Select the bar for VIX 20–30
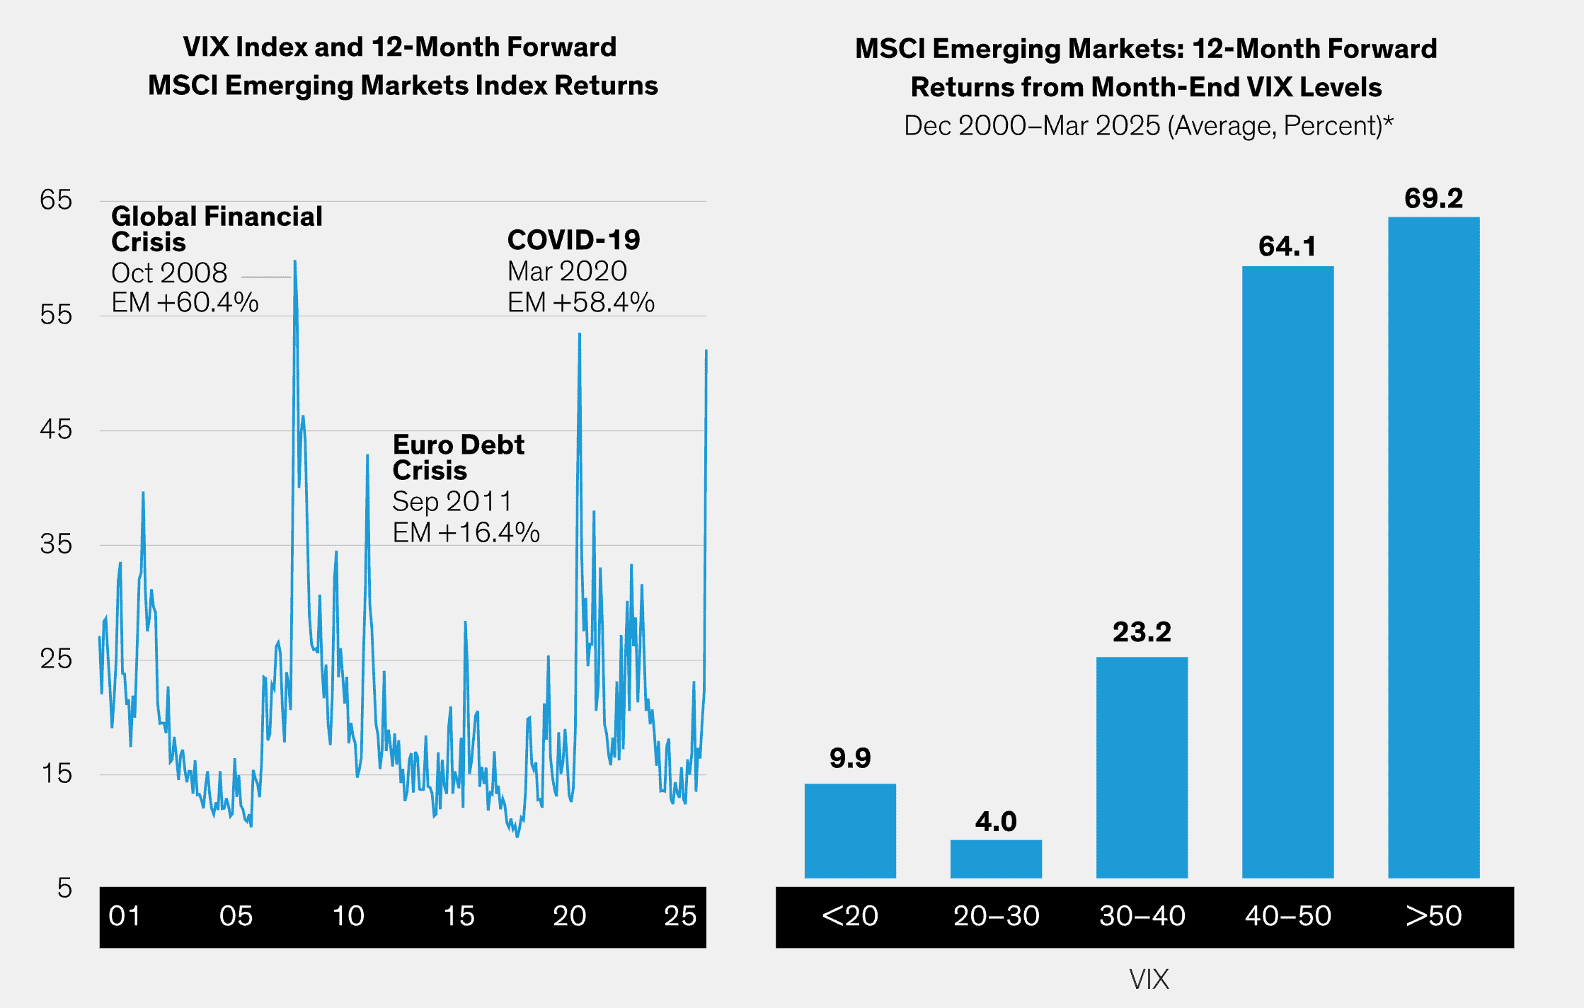tap(996, 859)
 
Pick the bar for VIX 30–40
tap(1142, 767)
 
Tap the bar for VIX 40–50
tap(1287, 572)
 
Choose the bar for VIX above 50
tap(1433, 547)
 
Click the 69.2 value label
tap(1433, 198)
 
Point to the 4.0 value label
tap(996, 821)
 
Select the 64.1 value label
tap(1287, 246)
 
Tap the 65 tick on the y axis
tap(56, 200)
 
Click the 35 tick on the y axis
tap(56, 544)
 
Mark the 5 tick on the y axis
tap(64, 888)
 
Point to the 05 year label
tap(236, 916)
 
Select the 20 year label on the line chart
tap(569, 916)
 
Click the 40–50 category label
tap(1287, 916)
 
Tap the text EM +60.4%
tap(185, 302)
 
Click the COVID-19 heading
tap(573, 240)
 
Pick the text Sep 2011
tap(452, 501)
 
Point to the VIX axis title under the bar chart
tap(1149, 979)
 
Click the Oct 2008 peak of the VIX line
tap(295, 262)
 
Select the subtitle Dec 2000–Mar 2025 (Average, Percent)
tap(1148, 126)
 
